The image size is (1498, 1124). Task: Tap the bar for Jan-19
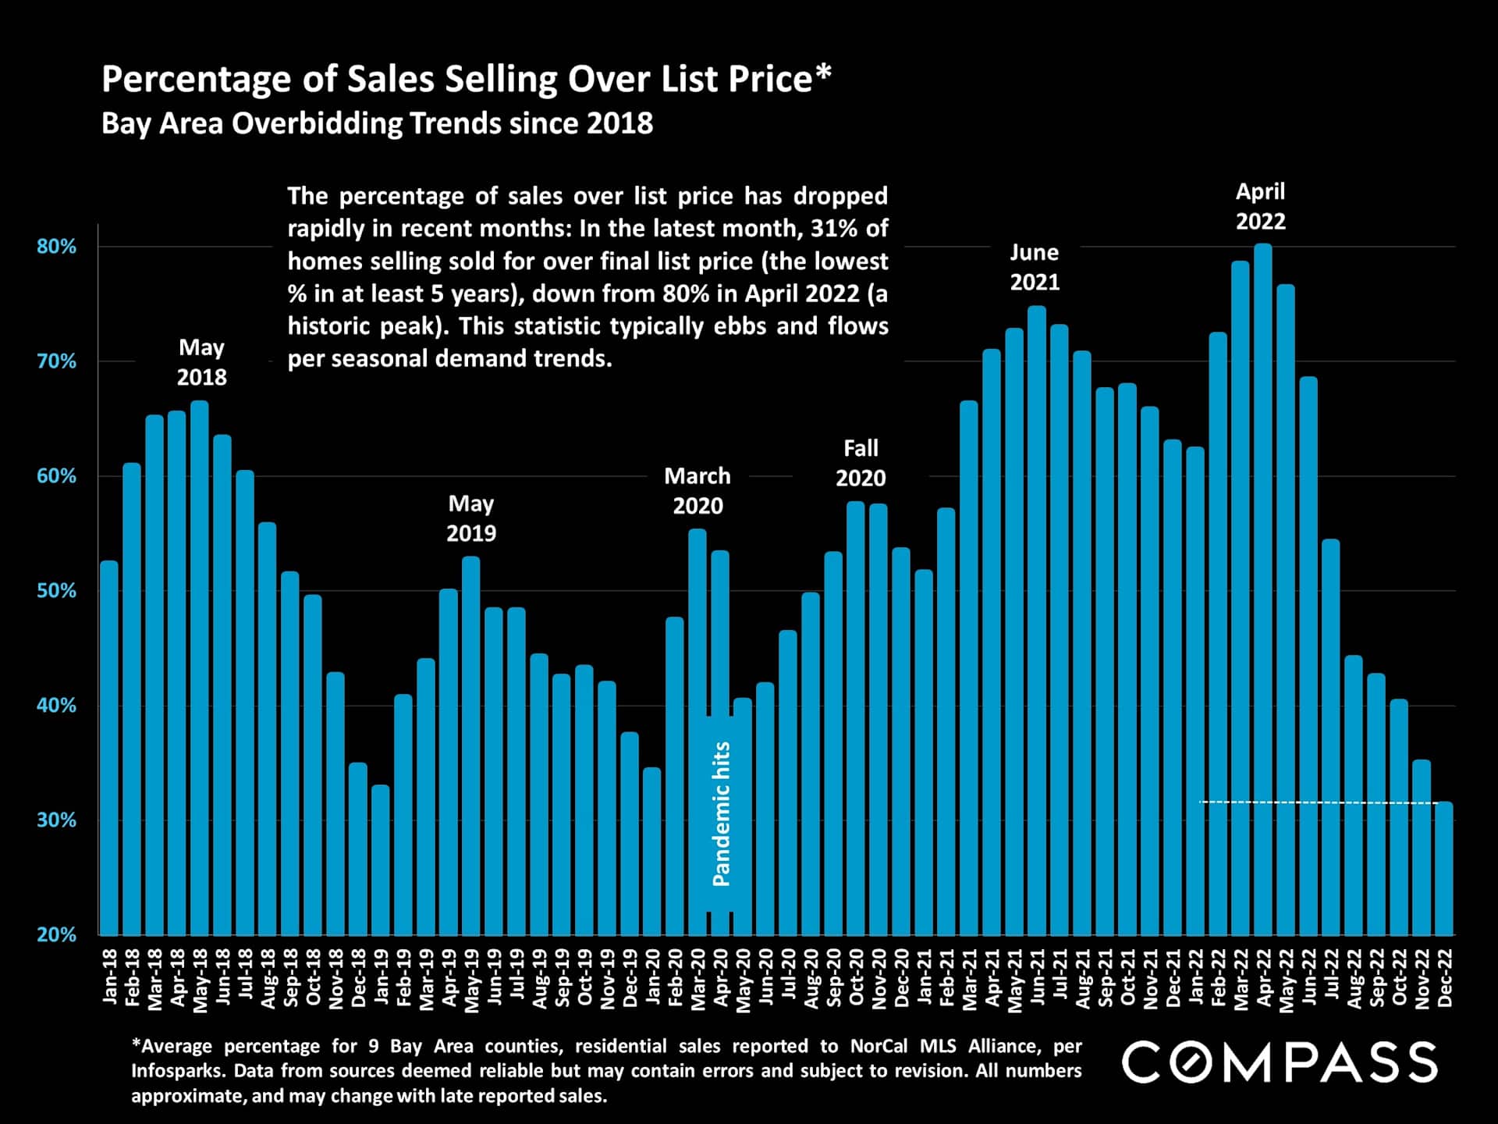[x=380, y=859]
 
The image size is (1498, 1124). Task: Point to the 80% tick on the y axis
[x=57, y=247]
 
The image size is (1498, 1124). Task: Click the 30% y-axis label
[x=57, y=820]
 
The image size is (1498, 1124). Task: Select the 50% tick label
[x=57, y=591]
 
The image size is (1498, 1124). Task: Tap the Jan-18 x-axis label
[x=110, y=976]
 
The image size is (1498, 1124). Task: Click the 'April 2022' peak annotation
[x=1260, y=206]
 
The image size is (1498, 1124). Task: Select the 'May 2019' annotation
[x=471, y=518]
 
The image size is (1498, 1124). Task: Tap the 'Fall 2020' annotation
[x=861, y=463]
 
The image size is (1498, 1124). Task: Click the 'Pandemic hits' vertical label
[x=722, y=813]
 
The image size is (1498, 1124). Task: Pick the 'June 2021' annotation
[x=1035, y=267]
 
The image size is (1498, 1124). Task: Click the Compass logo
[x=1280, y=1062]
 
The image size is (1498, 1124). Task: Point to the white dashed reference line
[x=1319, y=802]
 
